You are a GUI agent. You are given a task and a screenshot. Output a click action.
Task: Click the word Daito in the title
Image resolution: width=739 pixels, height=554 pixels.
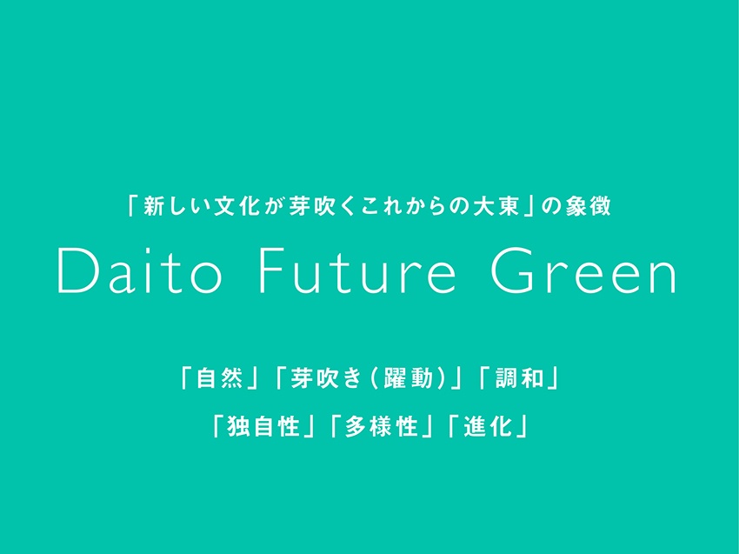point(139,270)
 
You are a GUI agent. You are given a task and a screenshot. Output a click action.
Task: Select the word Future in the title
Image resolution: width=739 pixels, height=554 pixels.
point(357,271)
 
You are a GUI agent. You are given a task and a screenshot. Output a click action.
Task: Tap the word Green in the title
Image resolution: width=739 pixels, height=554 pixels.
point(584,270)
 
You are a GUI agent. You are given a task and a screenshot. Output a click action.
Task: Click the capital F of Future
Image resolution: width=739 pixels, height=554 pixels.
point(273,270)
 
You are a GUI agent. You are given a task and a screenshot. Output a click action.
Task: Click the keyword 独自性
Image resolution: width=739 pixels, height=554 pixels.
point(263,426)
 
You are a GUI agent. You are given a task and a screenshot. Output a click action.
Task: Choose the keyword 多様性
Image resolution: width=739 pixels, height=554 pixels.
point(382,426)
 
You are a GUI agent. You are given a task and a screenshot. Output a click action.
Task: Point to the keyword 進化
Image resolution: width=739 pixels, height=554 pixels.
point(488,426)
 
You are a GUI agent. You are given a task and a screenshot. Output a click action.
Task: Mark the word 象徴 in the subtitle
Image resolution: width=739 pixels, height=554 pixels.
point(589,206)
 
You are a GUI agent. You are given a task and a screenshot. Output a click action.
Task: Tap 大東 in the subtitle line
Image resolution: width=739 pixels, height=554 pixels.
point(496,206)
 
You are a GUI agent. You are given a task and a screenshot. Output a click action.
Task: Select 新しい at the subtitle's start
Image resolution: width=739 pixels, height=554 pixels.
point(176,206)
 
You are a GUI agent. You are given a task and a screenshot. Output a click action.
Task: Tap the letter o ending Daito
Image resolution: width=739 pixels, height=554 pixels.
point(206,278)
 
